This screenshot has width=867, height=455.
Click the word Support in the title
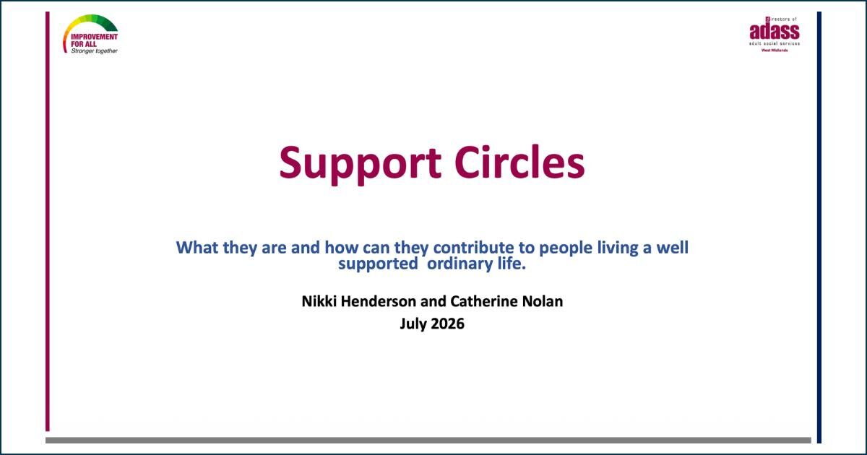(x=360, y=165)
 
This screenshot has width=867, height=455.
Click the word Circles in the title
(x=519, y=162)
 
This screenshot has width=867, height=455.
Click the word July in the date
(x=413, y=324)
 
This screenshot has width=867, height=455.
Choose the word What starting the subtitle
(x=197, y=248)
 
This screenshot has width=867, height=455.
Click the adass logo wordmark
(x=775, y=31)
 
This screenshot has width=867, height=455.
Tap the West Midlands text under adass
(x=775, y=51)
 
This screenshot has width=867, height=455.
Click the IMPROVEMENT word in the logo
(x=94, y=37)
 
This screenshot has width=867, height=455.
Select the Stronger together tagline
(x=94, y=51)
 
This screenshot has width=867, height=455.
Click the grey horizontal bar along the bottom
(x=428, y=441)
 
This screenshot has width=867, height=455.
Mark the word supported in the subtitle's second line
(x=378, y=264)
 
